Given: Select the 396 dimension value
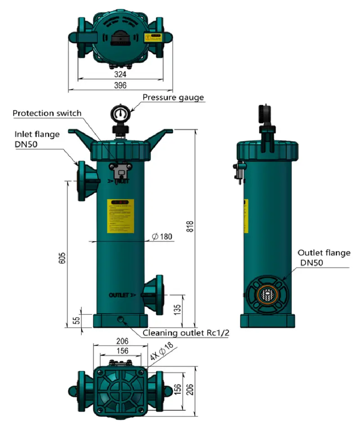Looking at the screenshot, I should pyautogui.click(x=120, y=85).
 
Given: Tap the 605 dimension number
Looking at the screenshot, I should pyautogui.click(x=63, y=258).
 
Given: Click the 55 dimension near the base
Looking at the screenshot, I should pyautogui.click(x=76, y=321).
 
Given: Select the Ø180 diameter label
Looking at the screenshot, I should pyautogui.click(x=162, y=237).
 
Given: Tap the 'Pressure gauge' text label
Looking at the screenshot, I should pyautogui.click(x=173, y=97).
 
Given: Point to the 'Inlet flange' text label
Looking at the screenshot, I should pyautogui.click(x=37, y=134).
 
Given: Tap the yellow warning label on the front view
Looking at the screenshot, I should pyautogui.click(x=121, y=216).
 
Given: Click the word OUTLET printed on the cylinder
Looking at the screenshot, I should pyautogui.click(x=119, y=295).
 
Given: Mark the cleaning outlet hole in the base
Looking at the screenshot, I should pyautogui.click(x=120, y=319).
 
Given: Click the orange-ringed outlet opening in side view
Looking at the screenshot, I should pyautogui.click(x=268, y=296).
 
